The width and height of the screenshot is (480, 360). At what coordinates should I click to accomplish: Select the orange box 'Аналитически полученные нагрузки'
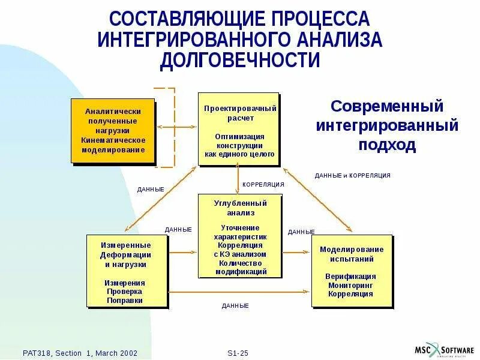tap(113, 130)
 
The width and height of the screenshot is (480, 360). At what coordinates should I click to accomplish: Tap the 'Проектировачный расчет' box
tap(239, 128)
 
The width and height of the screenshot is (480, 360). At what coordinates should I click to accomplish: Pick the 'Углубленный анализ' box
tap(239, 236)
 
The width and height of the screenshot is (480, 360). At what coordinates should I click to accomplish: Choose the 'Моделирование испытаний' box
tap(351, 271)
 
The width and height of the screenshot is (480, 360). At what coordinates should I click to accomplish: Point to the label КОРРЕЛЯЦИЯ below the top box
tap(262, 184)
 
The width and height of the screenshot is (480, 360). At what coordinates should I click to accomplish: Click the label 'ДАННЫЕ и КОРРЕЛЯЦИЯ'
tap(352, 175)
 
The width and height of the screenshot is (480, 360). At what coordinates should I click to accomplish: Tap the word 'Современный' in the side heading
tap(387, 107)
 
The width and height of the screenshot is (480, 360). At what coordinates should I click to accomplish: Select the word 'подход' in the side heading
tap(387, 146)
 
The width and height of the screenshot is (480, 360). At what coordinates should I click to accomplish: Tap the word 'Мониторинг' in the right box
tap(351, 286)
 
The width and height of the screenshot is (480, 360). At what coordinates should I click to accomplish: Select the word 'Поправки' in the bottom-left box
tap(125, 300)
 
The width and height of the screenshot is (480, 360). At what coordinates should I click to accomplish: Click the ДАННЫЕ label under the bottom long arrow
tap(235, 306)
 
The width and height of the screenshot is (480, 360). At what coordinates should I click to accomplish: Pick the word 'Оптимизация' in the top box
tap(239, 136)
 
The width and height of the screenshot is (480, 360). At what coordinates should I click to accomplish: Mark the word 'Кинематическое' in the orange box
tap(113, 140)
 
